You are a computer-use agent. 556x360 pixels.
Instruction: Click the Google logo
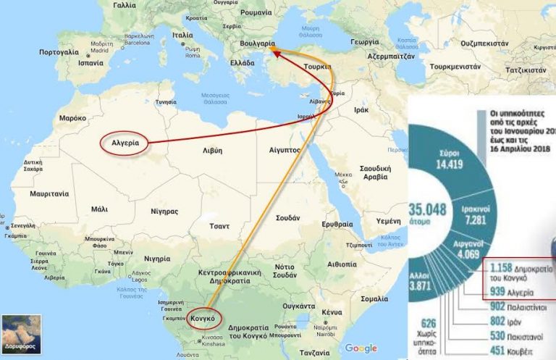pyautogui.click(x=361, y=348)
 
